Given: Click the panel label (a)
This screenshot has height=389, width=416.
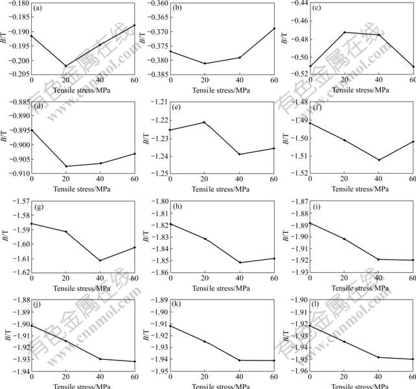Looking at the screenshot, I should pyautogui.click(x=39, y=8).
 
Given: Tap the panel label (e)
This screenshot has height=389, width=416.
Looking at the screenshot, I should pyautogui.click(x=178, y=107).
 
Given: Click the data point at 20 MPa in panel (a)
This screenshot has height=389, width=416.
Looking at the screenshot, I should pyautogui.click(x=65, y=66).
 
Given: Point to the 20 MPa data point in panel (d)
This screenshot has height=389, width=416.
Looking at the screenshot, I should pyautogui.click(x=65, y=166).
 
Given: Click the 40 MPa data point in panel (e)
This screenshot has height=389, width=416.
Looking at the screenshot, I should pyautogui.click(x=239, y=154).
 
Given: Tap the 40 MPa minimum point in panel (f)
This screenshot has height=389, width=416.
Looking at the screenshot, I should pyautogui.click(x=378, y=159).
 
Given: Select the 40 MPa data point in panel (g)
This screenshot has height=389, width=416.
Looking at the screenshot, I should pyautogui.click(x=100, y=261).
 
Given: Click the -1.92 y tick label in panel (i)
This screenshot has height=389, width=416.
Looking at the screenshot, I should pyautogui.click(x=296, y=261).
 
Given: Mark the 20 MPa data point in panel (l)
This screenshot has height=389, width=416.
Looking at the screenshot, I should pyautogui.click(x=344, y=342).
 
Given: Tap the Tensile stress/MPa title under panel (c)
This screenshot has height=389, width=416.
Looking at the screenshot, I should pyautogui.click(x=362, y=89).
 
